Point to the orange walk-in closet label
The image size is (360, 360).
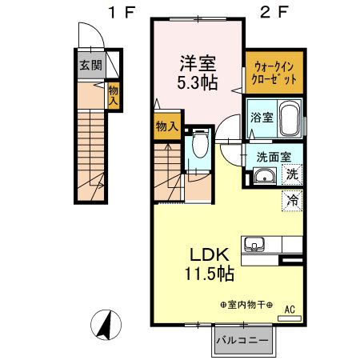[x=274, y=74]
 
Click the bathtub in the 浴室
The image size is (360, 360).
[x=289, y=119]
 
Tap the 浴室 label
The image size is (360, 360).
[x=261, y=118]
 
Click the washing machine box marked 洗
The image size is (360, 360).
[x=292, y=173]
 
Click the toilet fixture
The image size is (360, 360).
[x=200, y=146]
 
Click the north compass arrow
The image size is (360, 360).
[x=106, y=324]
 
